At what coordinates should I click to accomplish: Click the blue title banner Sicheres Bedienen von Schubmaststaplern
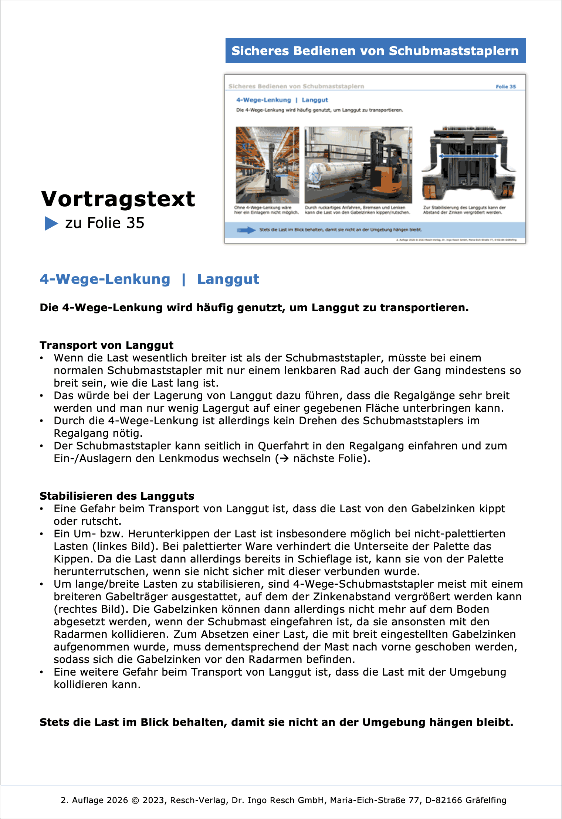[x=375, y=51]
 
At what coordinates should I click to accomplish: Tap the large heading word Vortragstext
[x=118, y=199]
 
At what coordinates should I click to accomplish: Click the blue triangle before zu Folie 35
[x=51, y=223]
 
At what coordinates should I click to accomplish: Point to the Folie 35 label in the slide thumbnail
[x=505, y=86]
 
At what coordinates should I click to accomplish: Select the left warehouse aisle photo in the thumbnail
[x=267, y=165]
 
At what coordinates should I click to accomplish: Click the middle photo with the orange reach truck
[x=358, y=165]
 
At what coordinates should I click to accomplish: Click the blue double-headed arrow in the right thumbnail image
[x=468, y=156]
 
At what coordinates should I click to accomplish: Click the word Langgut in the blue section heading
[x=228, y=279]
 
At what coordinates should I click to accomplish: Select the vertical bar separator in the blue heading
[x=184, y=279]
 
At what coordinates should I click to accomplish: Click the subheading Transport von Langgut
[x=106, y=345]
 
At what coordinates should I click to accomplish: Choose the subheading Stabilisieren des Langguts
[x=117, y=496]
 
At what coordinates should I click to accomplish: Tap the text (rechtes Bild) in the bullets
[x=91, y=609]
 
